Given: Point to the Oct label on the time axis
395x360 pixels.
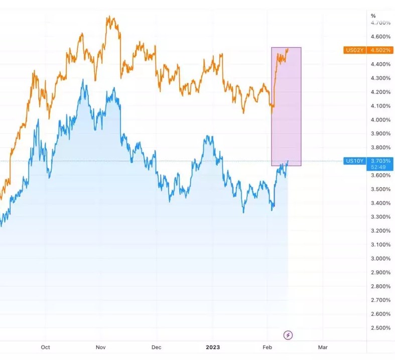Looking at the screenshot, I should (45, 347).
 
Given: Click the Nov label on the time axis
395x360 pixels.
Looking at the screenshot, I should (100, 347).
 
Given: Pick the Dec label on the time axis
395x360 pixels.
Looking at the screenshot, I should (156, 347).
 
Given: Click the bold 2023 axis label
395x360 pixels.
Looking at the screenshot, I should (213, 347).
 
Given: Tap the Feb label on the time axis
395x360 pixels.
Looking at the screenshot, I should (268, 347).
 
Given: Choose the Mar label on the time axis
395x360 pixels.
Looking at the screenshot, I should (323, 347).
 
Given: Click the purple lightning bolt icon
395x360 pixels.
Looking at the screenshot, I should (288, 335).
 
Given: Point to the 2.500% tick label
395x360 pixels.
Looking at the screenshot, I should (380, 328).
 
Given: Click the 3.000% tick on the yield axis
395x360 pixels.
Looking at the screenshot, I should (380, 259).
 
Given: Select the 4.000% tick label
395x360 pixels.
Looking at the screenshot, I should (380, 119).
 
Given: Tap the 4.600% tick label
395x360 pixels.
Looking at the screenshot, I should (380, 37).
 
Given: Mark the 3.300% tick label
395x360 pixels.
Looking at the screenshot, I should (380, 217).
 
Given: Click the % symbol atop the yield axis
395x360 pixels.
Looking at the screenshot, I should (373, 16).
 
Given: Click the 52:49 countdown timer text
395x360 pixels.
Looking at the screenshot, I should (379, 167).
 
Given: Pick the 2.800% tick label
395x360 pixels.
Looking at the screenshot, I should (380, 286).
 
